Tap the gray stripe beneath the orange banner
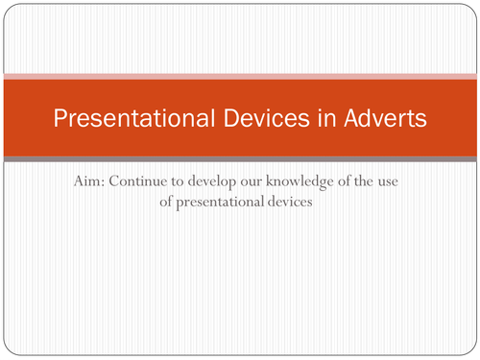pyautogui.click(x=240, y=158)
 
